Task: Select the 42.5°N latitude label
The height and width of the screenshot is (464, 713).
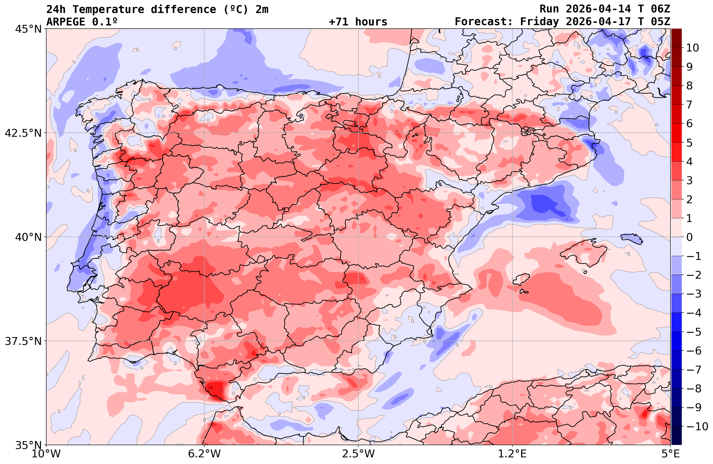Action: coord(23,133)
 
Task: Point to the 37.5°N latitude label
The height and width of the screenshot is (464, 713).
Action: coord(23,341)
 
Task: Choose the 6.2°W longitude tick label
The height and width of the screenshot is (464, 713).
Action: coord(204,454)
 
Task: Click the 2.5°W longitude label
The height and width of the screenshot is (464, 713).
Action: coord(359,454)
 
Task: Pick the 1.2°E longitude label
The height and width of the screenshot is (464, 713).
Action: coord(513,454)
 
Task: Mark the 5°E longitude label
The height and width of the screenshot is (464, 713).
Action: coord(671,454)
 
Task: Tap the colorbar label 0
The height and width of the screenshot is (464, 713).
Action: coord(689,237)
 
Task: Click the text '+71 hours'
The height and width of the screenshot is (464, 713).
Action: coord(358,22)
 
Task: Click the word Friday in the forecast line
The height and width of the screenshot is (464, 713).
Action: coord(540,22)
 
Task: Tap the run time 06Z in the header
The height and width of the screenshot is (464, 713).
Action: coord(660,9)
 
